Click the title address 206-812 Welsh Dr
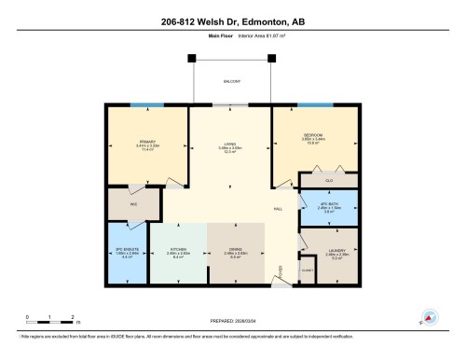pos(232,23)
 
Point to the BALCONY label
pos(232,82)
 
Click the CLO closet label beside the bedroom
pos(329,179)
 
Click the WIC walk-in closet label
pos(133,203)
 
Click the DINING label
pos(236,250)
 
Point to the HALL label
pos(278,208)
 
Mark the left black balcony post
pos(193,59)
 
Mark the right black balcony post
pos(272,59)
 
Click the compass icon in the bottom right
pos(429,317)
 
